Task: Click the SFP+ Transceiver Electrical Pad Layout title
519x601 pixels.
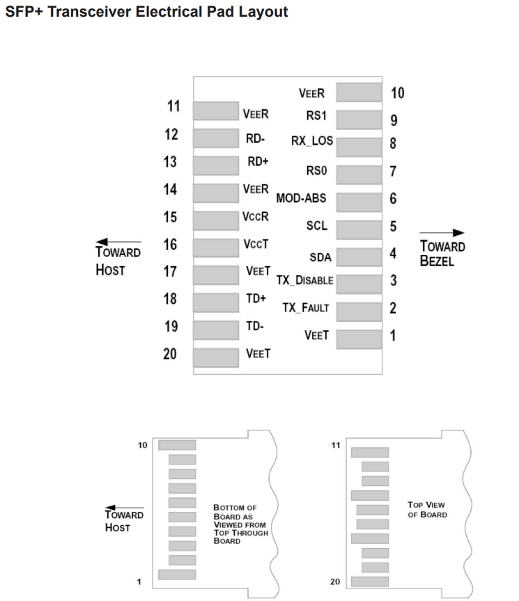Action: tap(146, 12)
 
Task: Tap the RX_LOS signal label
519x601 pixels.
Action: tap(312, 141)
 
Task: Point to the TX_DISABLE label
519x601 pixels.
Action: tap(304, 280)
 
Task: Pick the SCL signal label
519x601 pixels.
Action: tap(316, 226)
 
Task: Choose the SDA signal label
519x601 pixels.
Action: tap(320, 258)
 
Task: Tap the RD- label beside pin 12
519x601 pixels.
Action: tap(255, 139)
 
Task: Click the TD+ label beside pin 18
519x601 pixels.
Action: tap(256, 298)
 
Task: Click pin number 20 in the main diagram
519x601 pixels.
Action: tap(170, 354)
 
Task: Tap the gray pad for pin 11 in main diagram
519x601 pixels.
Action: tap(215, 111)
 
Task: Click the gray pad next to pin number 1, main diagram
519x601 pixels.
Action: tap(359, 338)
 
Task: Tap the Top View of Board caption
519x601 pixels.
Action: tap(426, 510)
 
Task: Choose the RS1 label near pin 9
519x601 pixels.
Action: tap(317, 116)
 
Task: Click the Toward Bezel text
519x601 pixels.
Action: tap(442, 253)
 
